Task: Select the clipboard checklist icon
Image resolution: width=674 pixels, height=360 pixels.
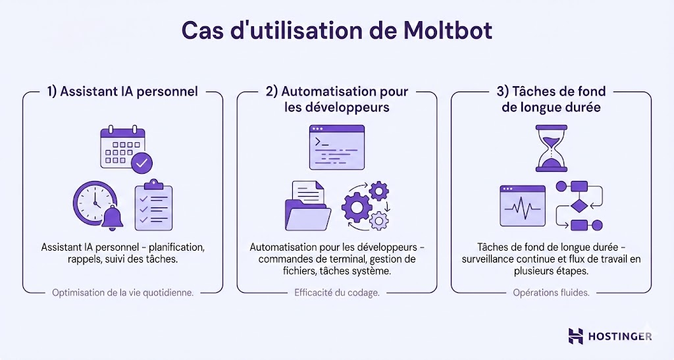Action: [x=153, y=205]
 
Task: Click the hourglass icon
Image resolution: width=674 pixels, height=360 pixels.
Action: [x=551, y=149]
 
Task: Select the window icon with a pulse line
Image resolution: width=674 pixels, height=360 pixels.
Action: [x=523, y=206]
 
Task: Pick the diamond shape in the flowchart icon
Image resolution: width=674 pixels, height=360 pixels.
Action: [x=579, y=206]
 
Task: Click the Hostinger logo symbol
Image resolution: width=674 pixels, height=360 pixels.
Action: [x=576, y=336]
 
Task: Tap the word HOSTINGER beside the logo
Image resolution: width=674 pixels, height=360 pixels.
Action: [x=621, y=336]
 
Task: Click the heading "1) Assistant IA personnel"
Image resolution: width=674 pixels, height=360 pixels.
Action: [x=122, y=91]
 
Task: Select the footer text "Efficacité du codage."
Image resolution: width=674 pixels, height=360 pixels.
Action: [x=337, y=293]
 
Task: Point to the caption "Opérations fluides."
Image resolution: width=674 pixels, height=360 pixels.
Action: [x=551, y=293]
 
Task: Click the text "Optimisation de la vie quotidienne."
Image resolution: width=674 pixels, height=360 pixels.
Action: [x=122, y=293]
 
